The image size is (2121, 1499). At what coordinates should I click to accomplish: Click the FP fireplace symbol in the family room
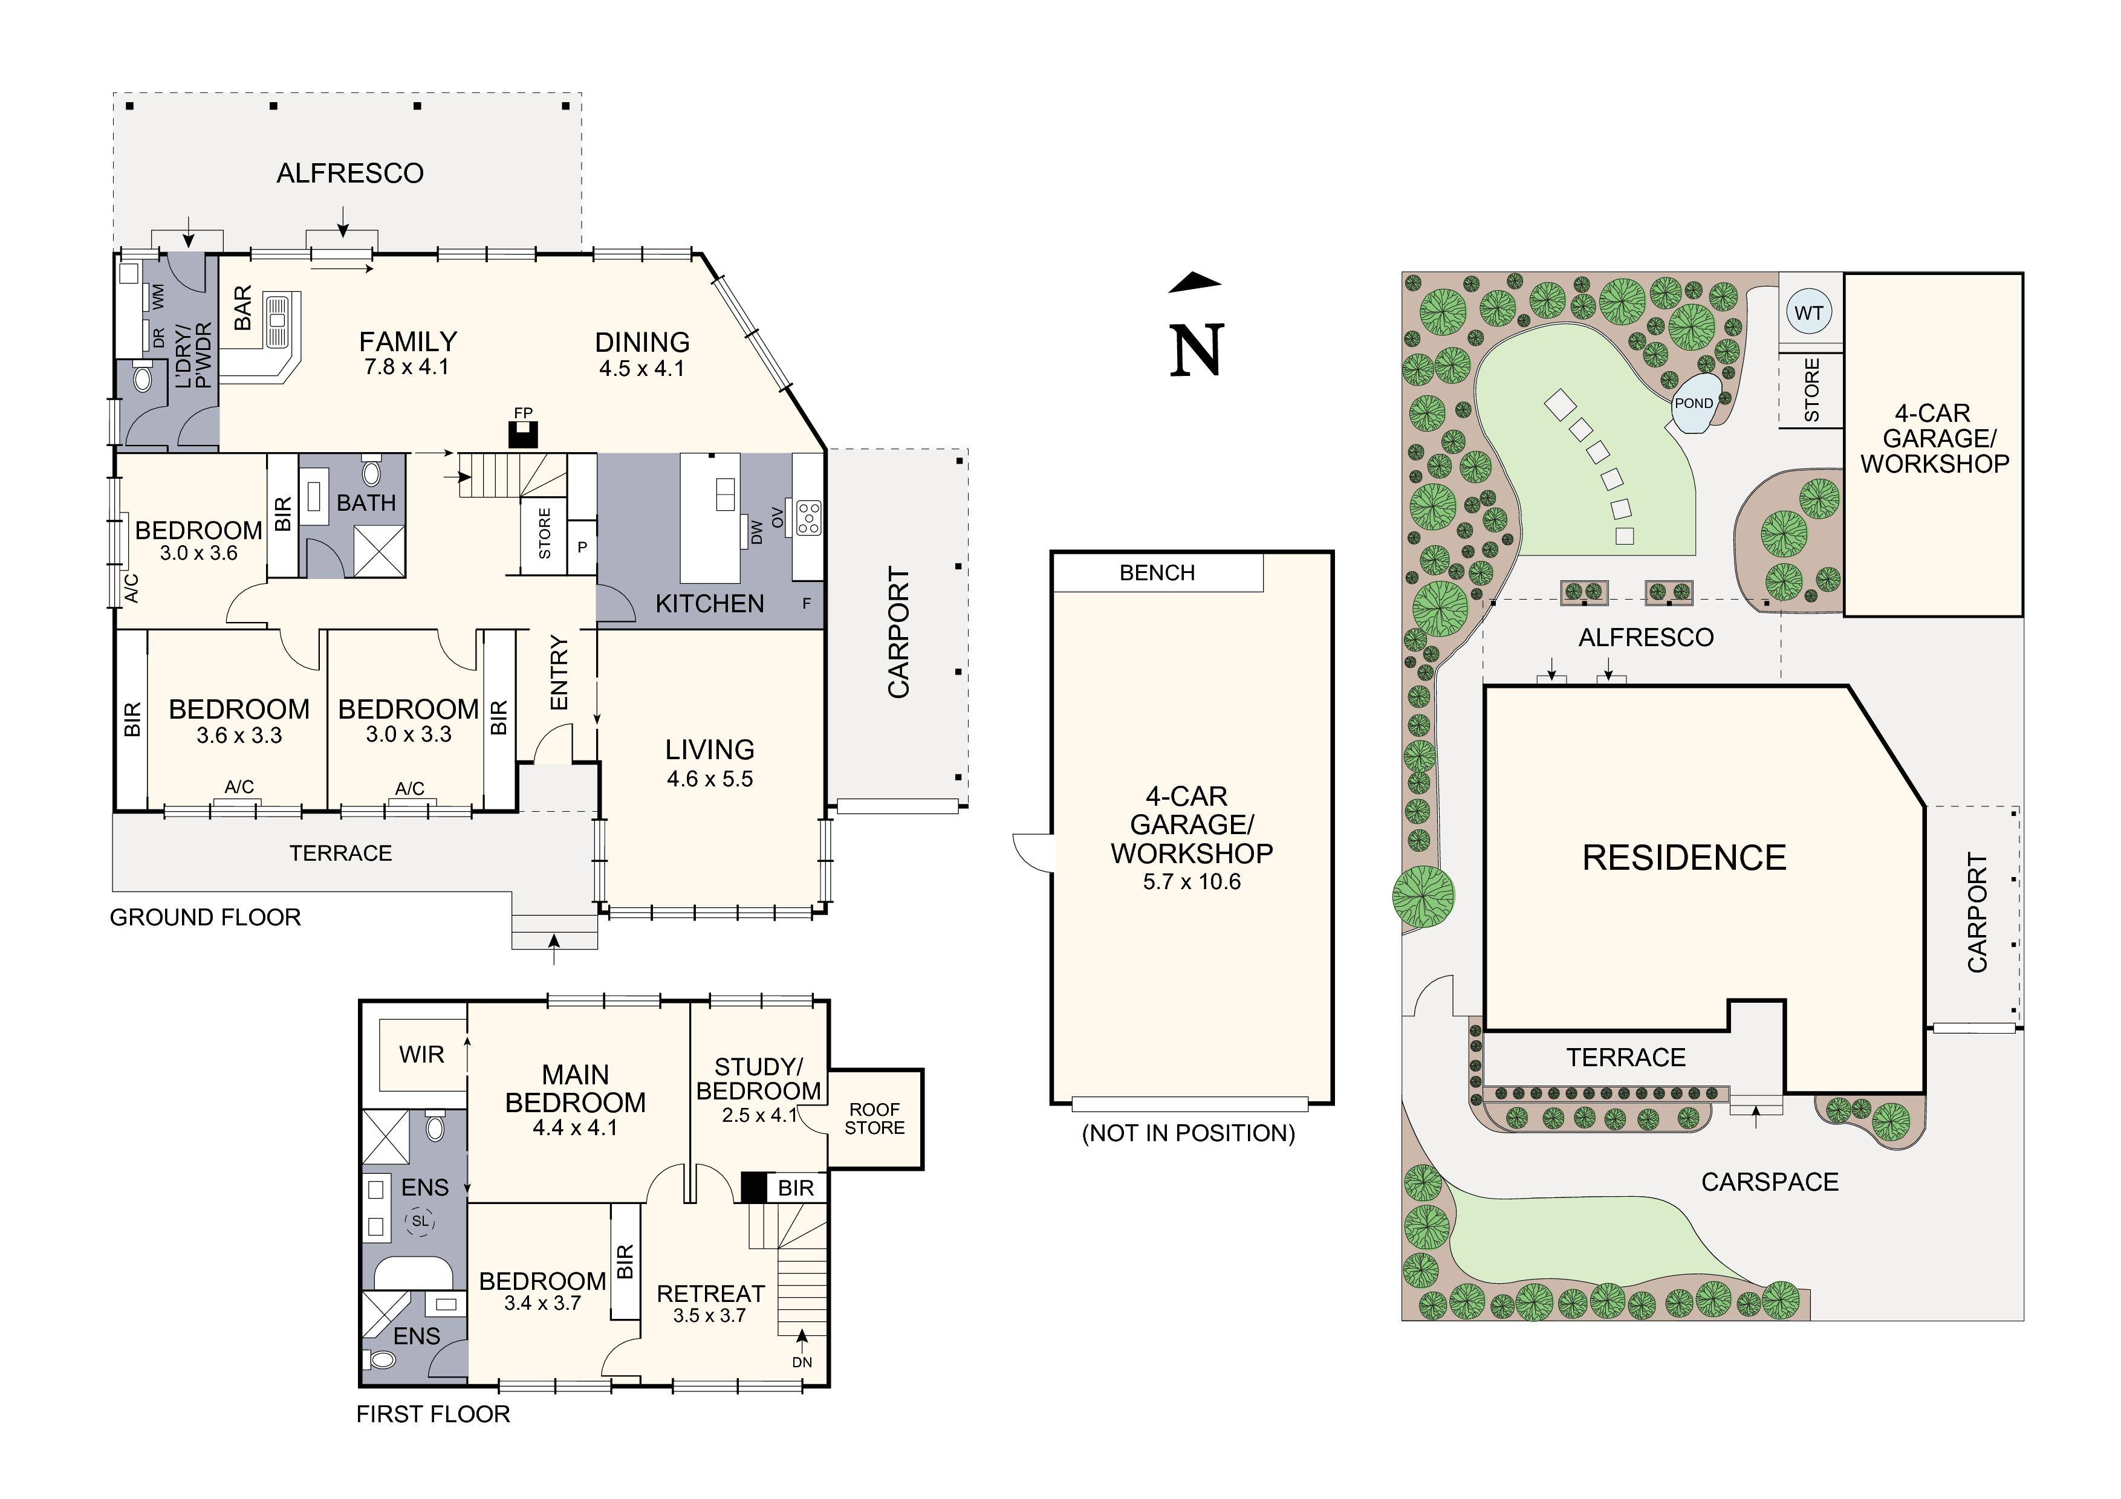click(x=523, y=434)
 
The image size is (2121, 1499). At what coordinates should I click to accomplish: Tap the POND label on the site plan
click(x=1694, y=404)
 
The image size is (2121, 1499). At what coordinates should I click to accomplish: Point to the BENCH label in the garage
click(x=1157, y=572)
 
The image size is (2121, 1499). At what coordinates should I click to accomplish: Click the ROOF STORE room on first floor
click(x=874, y=1118)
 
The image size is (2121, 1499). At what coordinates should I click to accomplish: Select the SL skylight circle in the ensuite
click(x=420, y=1221)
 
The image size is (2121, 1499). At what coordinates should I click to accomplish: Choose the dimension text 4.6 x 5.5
click(x=709, y=779)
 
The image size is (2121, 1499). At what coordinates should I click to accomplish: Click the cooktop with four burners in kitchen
click(x=808, y=517)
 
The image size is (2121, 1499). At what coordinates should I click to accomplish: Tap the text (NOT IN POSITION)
click(x=1188, y=1133)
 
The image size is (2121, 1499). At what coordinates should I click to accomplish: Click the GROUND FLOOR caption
click(x=205, y=917)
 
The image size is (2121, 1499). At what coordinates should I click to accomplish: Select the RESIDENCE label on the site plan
click(x=1683, y=858)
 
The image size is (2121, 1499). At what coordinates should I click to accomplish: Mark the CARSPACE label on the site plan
click(x=1769, y=1182)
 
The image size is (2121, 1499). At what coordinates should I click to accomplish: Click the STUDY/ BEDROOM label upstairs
click(x=758, y=1079)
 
